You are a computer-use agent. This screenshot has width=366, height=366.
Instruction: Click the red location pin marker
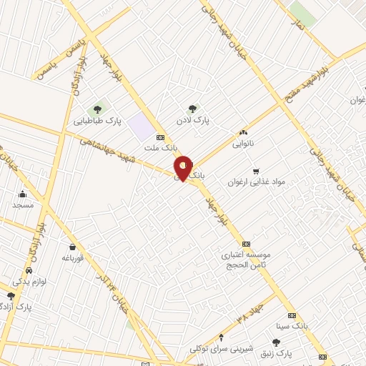click(183, 168)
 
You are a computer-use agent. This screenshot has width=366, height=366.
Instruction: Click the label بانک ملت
click(159, 147)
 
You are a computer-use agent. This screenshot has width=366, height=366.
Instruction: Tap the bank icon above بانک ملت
click(159, 136)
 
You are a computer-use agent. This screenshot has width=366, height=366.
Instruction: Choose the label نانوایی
click(242, 144)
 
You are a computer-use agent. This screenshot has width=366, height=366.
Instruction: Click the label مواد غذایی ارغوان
click(256, 182)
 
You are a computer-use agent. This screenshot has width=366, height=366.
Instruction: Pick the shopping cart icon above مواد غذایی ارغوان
click(256, 171)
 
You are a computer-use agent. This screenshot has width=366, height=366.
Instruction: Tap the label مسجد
click(23, 205)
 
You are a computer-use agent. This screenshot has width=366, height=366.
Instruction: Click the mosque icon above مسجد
click(23, 194)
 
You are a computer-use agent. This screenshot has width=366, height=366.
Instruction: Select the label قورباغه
click(73, 257)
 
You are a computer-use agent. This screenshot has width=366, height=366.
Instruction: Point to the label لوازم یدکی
click(29, 282)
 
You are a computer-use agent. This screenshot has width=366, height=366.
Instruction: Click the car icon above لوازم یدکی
click(29, 271)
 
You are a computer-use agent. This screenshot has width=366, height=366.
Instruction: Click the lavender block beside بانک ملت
click(143, 127)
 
